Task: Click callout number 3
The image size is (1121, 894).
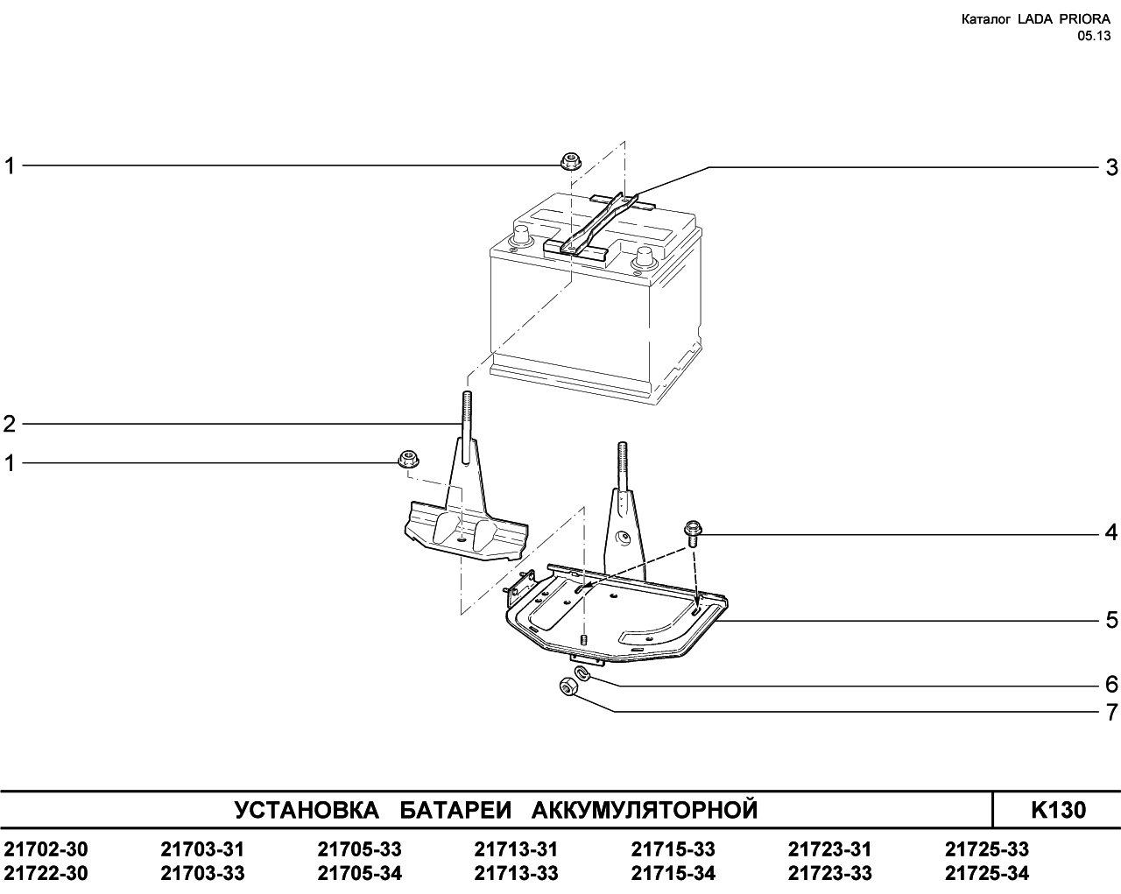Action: (x=1111, y=168)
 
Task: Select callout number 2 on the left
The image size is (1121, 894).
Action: (x=10, y=424)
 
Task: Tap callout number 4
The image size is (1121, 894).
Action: (x=1111, y=532)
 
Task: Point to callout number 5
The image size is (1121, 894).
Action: (x=1111, y=620)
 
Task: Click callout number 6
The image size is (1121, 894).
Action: (x=1111, y=684)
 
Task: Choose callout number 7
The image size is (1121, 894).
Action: (x=1111, y=712)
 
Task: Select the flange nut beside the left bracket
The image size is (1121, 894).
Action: (x=408, y=459)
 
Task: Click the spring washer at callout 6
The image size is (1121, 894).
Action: (x=582, y=672)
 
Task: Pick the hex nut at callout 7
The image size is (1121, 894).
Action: (x=567, y=688)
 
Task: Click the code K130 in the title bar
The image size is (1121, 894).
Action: (x=1059, y=810)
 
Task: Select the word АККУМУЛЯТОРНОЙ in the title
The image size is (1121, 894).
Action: (x=645, y=810)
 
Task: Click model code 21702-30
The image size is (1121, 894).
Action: (x=46, y=849)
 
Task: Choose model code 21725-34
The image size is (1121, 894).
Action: (x=987, y=873)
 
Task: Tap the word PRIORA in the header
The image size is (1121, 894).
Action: (x=1078, y=19)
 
